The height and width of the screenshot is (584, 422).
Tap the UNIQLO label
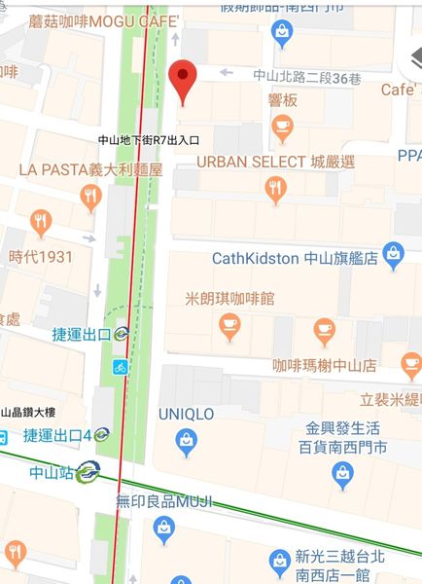click(186, 414)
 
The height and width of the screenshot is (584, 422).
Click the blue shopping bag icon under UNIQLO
click(187, 443)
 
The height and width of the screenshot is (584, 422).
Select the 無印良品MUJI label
click(163, 502)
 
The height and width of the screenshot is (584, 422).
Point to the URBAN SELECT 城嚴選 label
click(276, 161)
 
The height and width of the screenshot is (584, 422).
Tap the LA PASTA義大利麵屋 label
click(90, 169)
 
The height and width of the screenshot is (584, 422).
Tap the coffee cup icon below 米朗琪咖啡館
click(229, 328)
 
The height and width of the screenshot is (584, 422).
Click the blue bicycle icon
click(120, 367)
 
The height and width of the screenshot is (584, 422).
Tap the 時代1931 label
click(41, 257)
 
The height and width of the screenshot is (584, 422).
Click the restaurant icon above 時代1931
click(40, 223)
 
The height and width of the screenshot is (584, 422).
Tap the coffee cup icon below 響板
click(282, 125)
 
